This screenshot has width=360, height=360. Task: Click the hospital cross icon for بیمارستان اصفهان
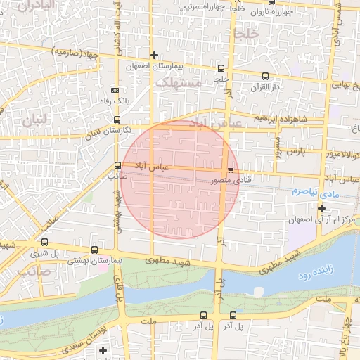(x=154, y=55)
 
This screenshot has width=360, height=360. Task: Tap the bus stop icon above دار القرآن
(x=265, y=76)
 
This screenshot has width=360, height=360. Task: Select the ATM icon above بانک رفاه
(x=116, y=91)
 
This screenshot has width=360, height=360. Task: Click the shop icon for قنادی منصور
(x=230, y=171)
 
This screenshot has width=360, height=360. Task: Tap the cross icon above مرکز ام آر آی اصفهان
(x=321, y=208)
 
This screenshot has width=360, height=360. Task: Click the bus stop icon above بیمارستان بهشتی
(x=95, y=250)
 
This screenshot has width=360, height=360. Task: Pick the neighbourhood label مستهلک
(x=178, y=82)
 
